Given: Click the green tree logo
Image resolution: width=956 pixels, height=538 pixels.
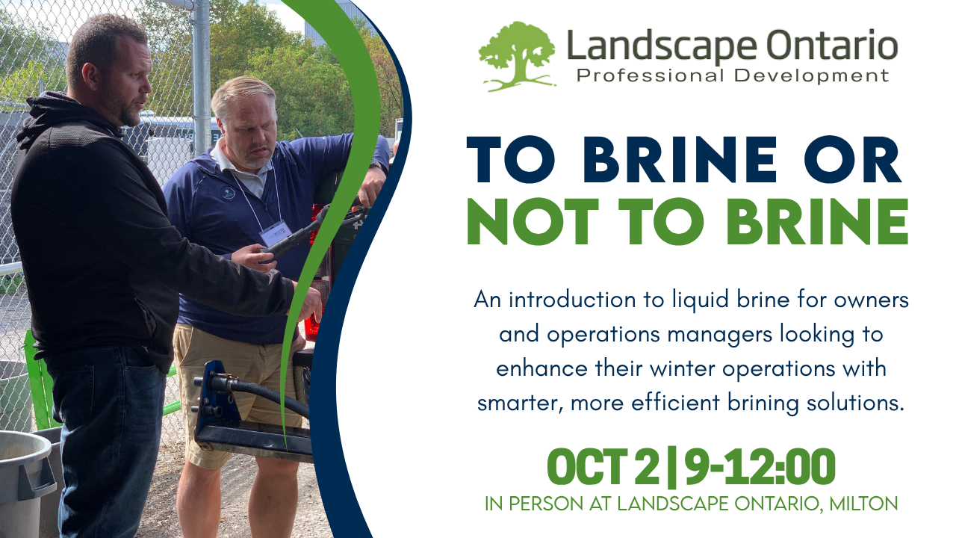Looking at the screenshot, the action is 517,56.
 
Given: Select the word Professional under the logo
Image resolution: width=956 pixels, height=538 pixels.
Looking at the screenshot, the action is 651,76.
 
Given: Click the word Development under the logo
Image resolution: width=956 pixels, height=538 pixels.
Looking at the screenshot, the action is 811,76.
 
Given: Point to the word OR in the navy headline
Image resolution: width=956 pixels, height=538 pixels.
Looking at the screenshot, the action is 852,160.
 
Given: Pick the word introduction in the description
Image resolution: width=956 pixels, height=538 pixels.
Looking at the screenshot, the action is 572,300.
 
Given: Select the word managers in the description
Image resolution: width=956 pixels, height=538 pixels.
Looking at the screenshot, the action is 720,335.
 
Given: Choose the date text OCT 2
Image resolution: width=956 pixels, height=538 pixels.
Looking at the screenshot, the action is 603,467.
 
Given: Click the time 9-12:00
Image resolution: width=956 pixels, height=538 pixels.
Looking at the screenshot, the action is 760,467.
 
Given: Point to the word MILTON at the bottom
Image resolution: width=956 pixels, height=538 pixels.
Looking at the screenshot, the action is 863,504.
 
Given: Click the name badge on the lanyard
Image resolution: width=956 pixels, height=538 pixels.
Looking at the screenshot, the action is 276,233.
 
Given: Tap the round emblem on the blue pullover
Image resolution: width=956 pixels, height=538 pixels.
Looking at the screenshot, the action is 227,194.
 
